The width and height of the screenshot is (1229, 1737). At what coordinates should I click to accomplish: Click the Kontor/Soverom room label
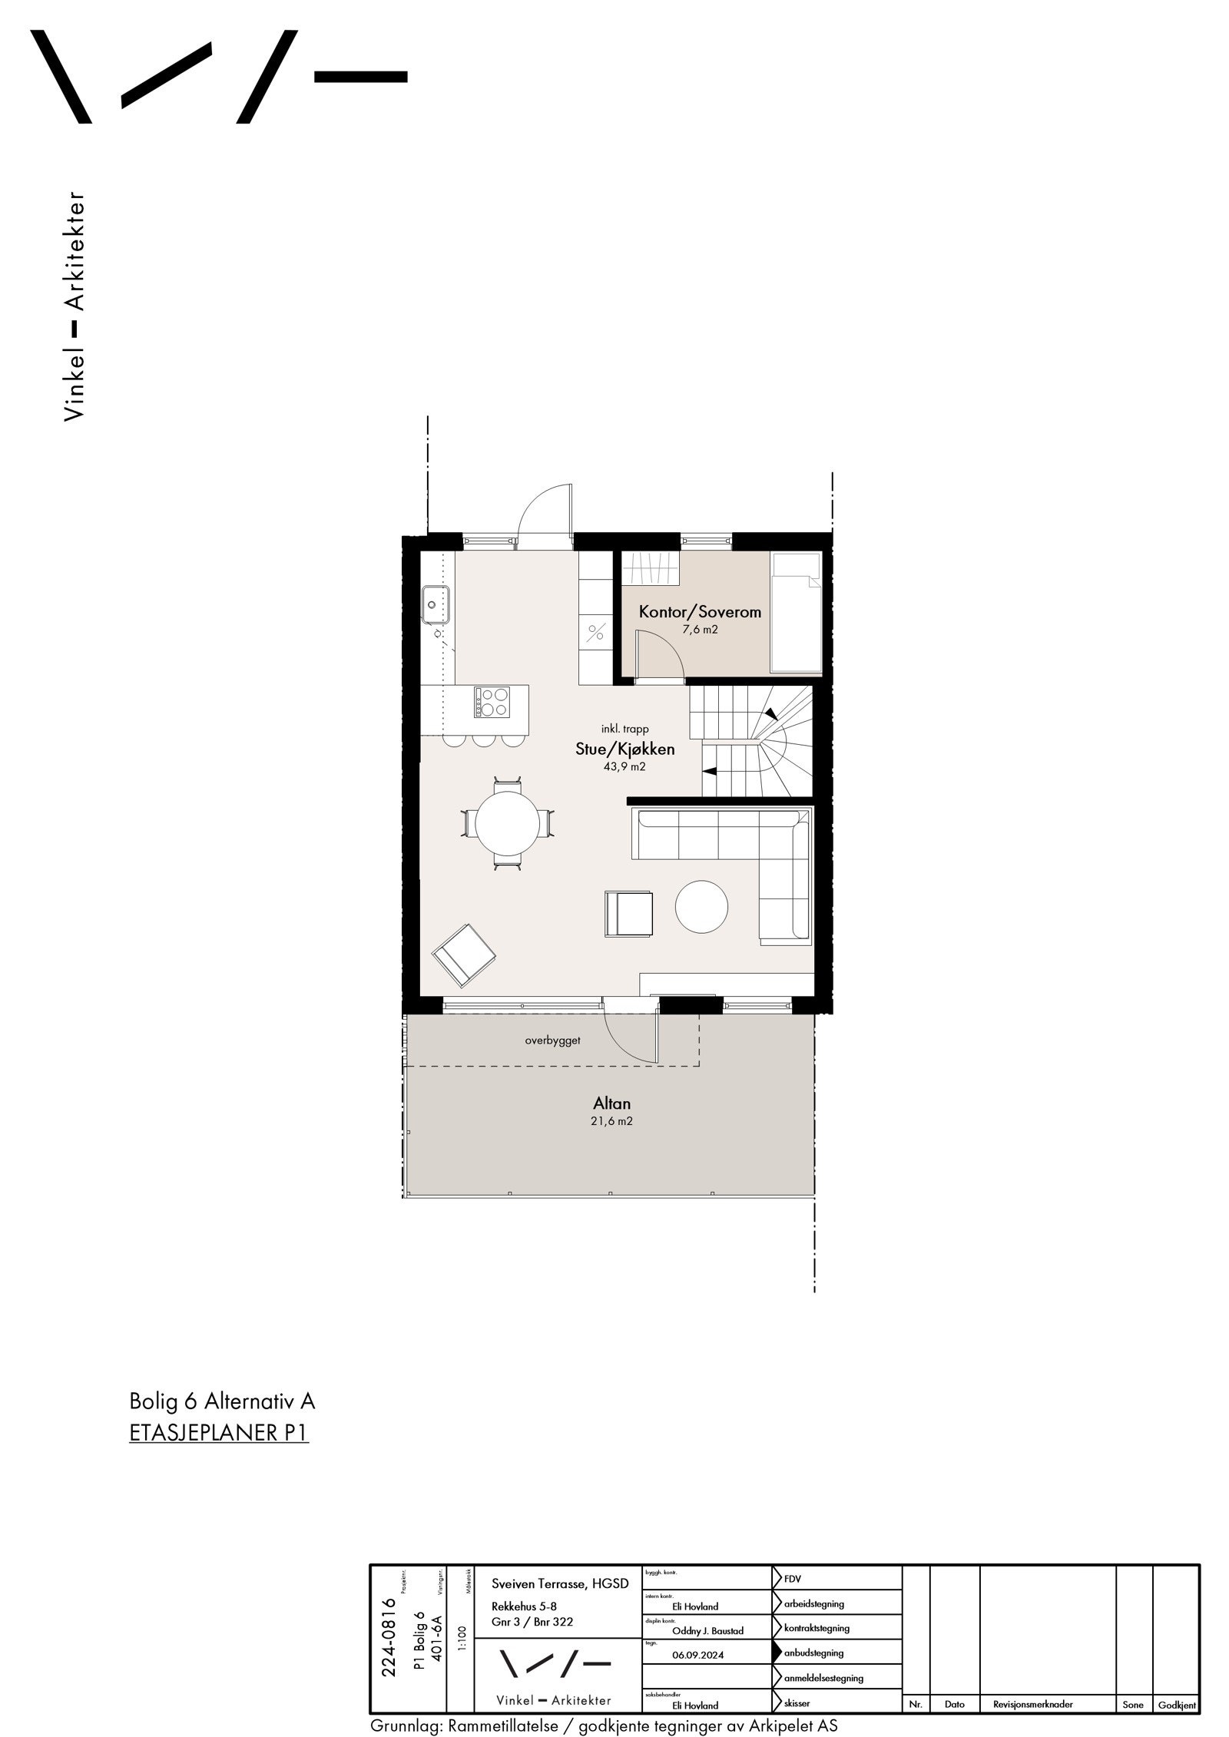pos(700,612)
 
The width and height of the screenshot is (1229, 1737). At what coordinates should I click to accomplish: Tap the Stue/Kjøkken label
pos(625,749)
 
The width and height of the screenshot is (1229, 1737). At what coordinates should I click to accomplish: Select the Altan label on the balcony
pos(611,1103)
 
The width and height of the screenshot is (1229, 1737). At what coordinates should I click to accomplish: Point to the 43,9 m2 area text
pos(624,766)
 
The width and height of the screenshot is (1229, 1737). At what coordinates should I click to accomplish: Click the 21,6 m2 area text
pos(612,1121)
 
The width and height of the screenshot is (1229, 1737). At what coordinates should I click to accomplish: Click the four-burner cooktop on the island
pos(492,702)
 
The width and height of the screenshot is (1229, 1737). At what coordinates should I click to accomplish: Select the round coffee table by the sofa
pos(701,906)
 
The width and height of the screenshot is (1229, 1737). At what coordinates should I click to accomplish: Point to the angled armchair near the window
pos(464,955)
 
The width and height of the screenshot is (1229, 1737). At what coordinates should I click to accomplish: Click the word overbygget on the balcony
pos(552,1041)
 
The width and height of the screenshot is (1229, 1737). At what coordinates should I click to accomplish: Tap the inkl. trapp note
pos(626,729)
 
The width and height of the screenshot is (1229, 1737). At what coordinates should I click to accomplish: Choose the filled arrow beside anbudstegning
pos(777,1631)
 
